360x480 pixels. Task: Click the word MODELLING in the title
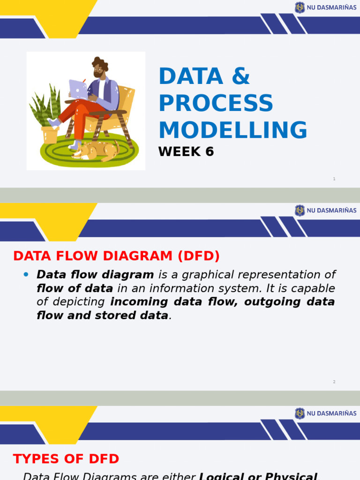[233, 130]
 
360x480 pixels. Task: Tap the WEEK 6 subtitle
[186, 152]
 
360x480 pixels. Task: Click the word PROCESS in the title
[216, 103]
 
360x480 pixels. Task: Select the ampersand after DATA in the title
[240, 76]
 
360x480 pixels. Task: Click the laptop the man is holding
[78, 89]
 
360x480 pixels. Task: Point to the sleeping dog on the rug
[96, 150]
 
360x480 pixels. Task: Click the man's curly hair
[100, 63]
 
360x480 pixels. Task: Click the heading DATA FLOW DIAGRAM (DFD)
[116, 256]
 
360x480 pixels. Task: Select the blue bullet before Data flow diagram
[26, 274]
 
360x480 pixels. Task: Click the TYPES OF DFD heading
[66, 458]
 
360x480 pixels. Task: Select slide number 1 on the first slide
[334, 179]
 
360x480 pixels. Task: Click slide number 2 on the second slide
[334, 382]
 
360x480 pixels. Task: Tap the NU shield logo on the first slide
[300, 7]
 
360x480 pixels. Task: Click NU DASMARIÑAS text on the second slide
[331, 211]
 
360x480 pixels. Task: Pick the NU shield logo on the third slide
[300, 413]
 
